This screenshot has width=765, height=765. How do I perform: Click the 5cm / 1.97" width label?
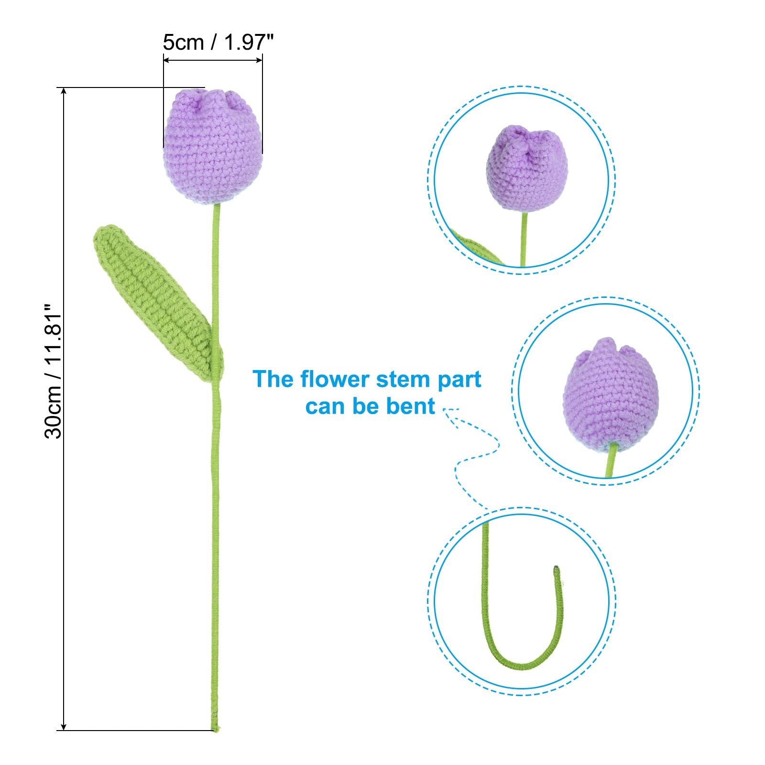pyautogui.click(x=218, y=43)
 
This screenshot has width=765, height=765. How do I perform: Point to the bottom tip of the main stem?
pyautogui.click(x=215, y=730)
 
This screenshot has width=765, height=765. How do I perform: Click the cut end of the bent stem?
pyautogui.click(x=557, y=569)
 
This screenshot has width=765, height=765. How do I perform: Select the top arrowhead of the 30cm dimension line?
pyautogui.click(x=64, y=91)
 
